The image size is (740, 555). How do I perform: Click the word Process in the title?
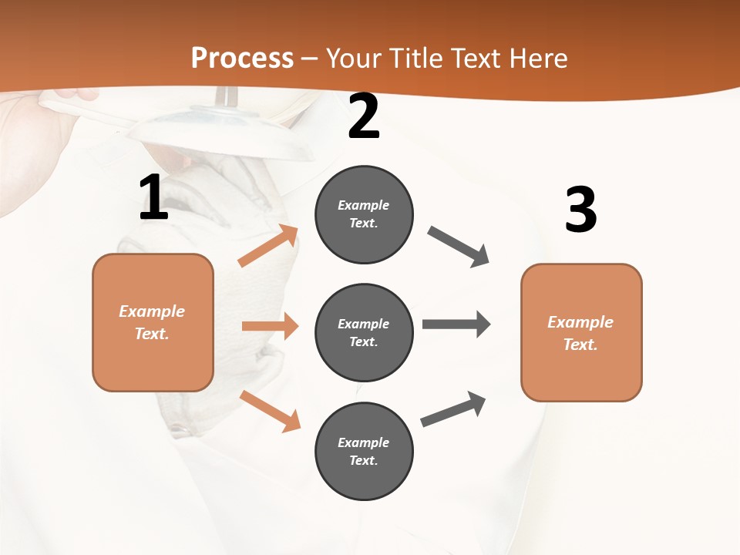[242, 58]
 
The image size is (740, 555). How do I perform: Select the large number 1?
[153, 198]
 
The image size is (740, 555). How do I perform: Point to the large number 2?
[364, 117]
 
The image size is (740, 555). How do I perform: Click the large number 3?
[580, 210]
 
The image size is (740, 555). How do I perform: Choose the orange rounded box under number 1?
[153, 322]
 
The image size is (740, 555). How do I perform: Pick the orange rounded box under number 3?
[581, 333]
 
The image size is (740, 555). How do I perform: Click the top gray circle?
[364, 214]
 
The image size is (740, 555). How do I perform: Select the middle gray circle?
[364, 332]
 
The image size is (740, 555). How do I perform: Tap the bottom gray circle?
[364, 451]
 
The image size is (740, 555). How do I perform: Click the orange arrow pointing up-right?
[268, 246]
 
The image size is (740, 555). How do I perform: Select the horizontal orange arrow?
[270, 326]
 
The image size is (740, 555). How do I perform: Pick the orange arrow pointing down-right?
[270, 411]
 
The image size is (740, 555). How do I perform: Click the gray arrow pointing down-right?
[458, 246]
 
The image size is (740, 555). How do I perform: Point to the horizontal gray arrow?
[456, 324]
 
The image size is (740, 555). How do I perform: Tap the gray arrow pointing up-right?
[453, 409]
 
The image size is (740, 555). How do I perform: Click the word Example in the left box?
[152, 311]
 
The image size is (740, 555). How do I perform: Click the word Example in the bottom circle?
[364, 442]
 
